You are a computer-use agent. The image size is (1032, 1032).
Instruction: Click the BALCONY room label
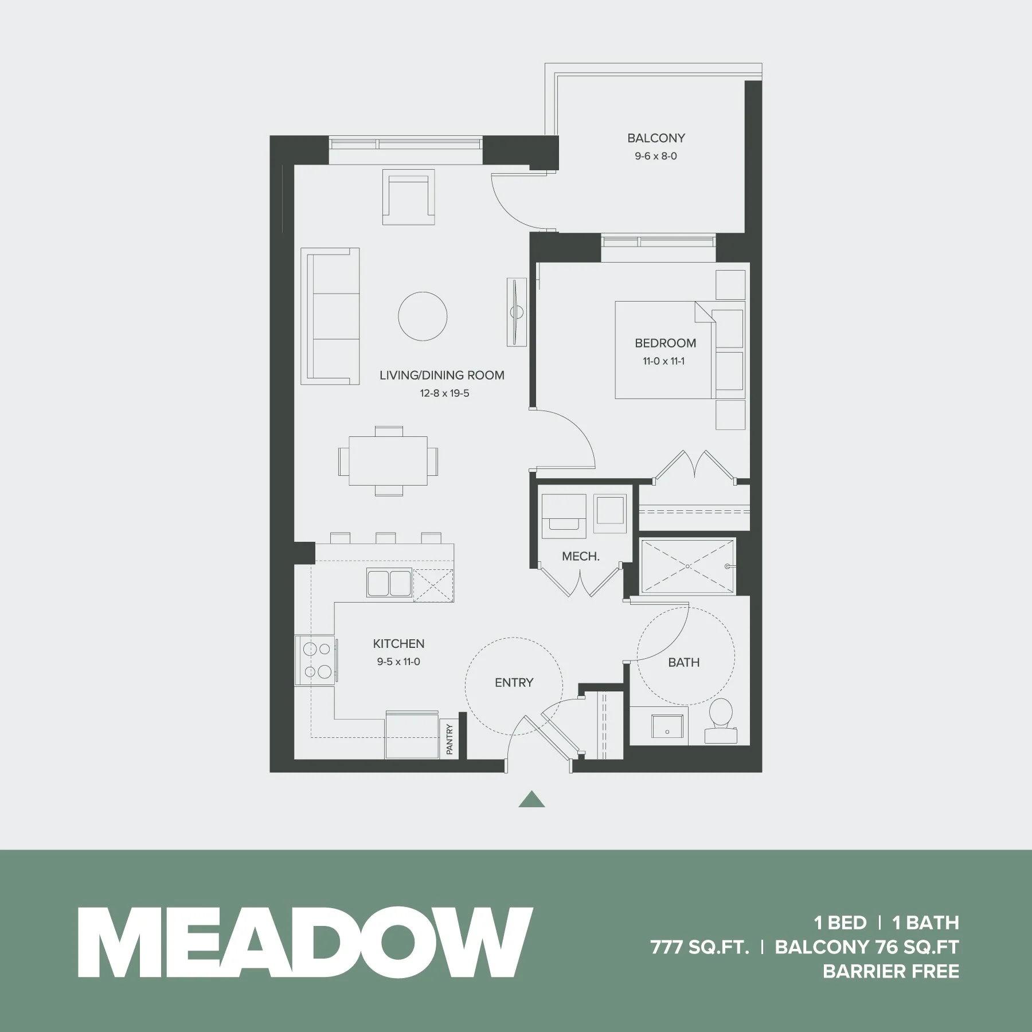point(656,138)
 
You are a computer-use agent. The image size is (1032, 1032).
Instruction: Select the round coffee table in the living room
point(423,316)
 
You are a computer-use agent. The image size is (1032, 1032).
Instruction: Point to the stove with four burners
point(316,660)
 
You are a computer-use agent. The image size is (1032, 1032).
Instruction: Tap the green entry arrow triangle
point(531,799)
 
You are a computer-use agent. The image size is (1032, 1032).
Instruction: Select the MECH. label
point(581,556)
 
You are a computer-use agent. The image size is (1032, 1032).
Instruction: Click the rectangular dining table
point(389,461)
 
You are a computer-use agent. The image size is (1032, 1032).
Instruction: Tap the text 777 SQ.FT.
point(699,947)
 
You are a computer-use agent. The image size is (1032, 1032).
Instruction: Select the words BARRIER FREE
point(890,971)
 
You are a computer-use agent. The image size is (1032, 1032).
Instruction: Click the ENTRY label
point(514,682)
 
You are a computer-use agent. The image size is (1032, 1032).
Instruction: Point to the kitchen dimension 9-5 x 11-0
point(398,662)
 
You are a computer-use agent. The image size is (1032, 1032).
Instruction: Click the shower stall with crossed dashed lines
point(687,566)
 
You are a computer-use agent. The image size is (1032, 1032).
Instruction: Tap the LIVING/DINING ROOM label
point(442,376)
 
